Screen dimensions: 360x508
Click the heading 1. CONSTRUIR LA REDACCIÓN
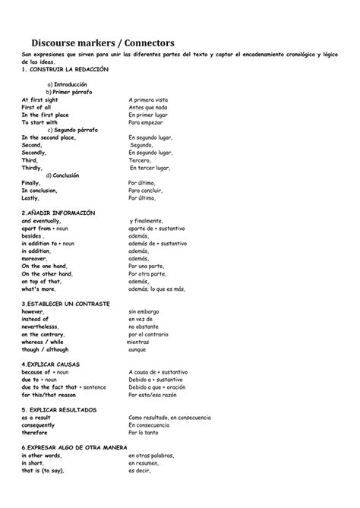point(65,69)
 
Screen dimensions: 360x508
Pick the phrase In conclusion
point(41,191)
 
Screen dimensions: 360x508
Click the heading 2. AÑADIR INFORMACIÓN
point(58,213)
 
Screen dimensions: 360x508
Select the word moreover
point(35,258)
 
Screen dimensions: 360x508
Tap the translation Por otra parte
point(148,273)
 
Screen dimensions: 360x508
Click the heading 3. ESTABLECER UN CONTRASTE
point(66,304)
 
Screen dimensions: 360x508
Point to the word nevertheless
point(45,327)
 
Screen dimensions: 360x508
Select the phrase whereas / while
point(43,342)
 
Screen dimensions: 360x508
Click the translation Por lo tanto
point(145,433)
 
